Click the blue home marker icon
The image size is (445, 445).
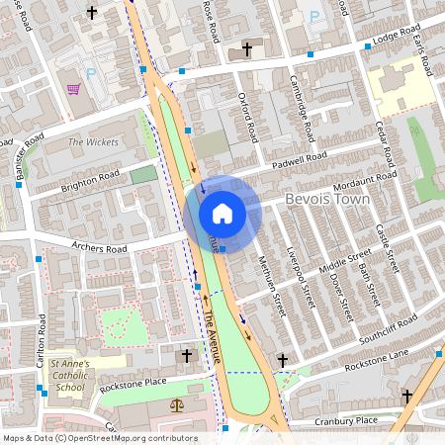click(x=222, y=213)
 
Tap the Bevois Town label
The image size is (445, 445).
click(x=327, y=200)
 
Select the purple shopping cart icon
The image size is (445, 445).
click(x=73, y=90)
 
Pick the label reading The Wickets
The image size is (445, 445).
click(x=93, y=142)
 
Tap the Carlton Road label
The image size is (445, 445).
click(x=42, y=336)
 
